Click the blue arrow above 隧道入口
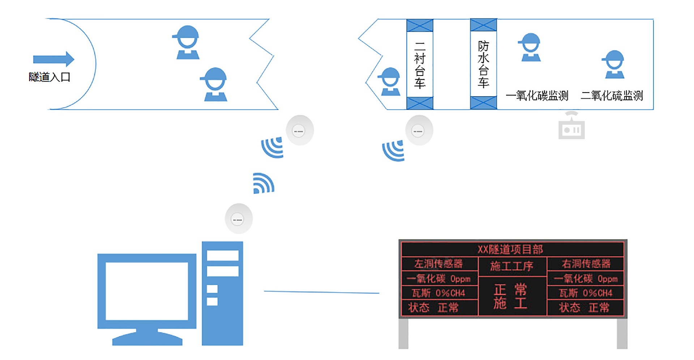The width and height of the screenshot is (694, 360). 53,59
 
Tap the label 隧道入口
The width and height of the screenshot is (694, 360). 50,77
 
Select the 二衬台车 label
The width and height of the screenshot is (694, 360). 420,65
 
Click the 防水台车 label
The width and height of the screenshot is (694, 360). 483,64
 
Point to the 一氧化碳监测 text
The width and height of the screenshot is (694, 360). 537,96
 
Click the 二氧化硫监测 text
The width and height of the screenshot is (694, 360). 612,96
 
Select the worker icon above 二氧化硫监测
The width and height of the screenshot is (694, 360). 613,65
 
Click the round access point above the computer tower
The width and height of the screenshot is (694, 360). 239,219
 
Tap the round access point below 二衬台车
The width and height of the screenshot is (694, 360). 419,130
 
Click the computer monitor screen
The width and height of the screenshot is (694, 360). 147,291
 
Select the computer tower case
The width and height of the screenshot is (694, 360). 222,293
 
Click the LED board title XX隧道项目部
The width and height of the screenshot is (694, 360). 510,249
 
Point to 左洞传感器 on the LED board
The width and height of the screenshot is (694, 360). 438,264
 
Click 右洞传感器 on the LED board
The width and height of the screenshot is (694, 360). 586,264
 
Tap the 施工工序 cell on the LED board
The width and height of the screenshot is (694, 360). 511,266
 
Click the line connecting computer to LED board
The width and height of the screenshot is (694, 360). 322,292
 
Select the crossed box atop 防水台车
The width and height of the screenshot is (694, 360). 483,25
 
